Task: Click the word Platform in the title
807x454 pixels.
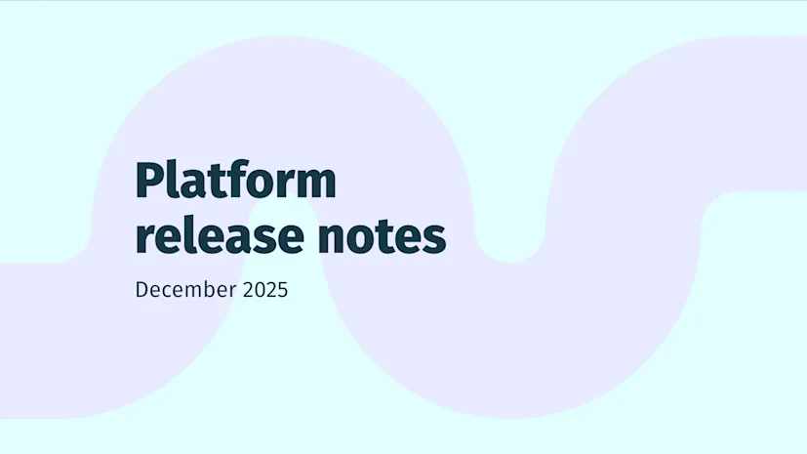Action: pyautogui.click(x=235, y=182)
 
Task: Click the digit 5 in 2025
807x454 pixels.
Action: pyautogui.click(x=282, y=290)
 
